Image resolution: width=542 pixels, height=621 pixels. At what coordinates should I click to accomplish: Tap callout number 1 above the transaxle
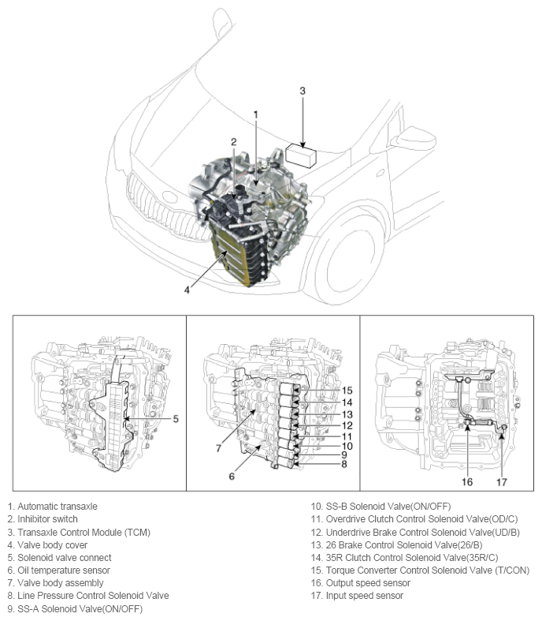(255, 115)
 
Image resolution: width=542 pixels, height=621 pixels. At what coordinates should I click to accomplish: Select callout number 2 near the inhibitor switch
(233, 142)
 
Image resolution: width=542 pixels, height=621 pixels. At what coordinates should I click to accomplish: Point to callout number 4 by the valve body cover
(187, 290)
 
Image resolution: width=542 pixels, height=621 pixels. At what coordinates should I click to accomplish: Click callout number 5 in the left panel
(176, 418)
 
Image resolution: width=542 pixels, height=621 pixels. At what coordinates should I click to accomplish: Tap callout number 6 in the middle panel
(232, 476)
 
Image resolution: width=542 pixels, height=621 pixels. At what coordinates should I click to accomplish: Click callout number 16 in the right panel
(467, 481)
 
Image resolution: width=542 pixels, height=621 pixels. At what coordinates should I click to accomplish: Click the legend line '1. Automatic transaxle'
(52, 506)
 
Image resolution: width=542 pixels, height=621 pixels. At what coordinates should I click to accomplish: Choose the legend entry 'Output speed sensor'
(366, 582)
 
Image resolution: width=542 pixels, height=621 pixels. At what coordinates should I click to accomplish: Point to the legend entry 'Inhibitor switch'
(46, 518)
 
